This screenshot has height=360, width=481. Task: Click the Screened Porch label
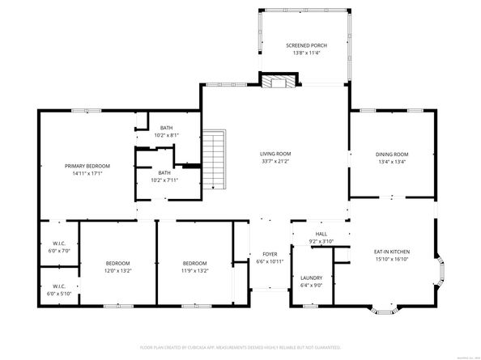click(x=304, y=45)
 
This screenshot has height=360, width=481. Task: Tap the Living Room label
click(x=275, y=154)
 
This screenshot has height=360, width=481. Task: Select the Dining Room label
click(x=391, y=154)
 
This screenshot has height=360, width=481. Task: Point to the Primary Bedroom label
click(x=87, y=166)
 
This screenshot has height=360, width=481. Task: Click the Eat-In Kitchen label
click(x=391, y=252)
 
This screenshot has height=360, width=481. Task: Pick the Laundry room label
click(x=312, y=277)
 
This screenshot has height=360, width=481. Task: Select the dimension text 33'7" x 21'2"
click(x=275, y=161)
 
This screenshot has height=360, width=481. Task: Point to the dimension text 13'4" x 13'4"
click(x=391, y=161)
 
